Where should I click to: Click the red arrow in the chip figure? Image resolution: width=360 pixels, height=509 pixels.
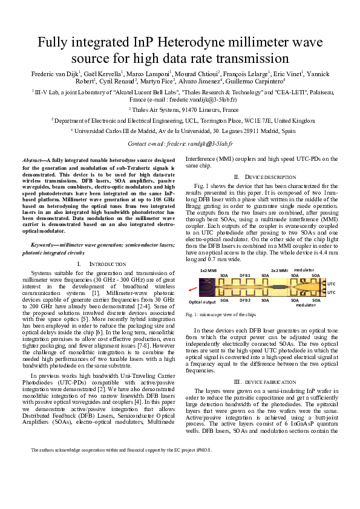click(x=192, y=290)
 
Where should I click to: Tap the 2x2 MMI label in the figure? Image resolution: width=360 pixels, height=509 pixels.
click(x=279, y=270)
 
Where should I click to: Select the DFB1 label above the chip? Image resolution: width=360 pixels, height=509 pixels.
click(x=244, y=274)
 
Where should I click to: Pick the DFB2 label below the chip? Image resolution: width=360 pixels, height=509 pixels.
click(x=244, y=300)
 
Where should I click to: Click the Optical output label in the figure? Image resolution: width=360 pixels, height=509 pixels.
click(x=203, y=301)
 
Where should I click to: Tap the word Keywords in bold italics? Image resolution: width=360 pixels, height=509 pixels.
click(x=43, y=245)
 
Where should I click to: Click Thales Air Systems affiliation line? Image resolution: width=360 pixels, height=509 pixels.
click(x=180, y=109)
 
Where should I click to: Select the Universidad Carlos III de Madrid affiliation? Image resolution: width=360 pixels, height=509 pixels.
click(x=180, y=131)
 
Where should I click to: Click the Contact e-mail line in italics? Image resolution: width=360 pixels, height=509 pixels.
click(x=180, y=144)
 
